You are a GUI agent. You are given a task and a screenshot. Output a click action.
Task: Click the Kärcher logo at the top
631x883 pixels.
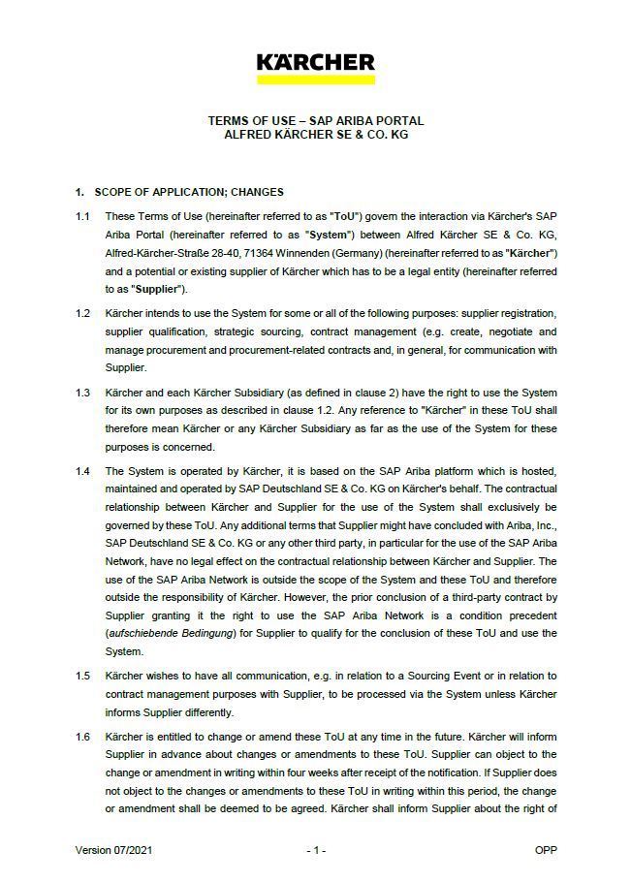(315, 62)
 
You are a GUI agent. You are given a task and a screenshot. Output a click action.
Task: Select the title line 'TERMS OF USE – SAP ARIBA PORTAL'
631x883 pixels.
(316, 121)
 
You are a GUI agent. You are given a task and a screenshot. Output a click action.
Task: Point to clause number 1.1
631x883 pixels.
(83, 216)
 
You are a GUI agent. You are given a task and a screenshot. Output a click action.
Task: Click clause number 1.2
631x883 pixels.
(83, 314)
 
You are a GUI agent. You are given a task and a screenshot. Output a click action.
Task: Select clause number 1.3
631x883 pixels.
(83, 393)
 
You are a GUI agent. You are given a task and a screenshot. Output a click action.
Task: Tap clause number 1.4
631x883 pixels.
(83, 471)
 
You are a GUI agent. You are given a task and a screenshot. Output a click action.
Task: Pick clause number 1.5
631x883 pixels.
(83, 678)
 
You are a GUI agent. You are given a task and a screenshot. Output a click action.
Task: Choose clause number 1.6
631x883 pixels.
(83, 738)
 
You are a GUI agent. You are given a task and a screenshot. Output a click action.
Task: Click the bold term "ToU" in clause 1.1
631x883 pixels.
(346, 216)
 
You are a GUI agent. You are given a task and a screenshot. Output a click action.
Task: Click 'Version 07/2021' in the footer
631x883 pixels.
(113, 850)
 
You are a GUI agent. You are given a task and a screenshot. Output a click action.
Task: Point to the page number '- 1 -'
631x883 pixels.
(316, 850)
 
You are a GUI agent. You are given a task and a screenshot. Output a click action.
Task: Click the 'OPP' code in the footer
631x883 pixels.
(545, 850)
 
